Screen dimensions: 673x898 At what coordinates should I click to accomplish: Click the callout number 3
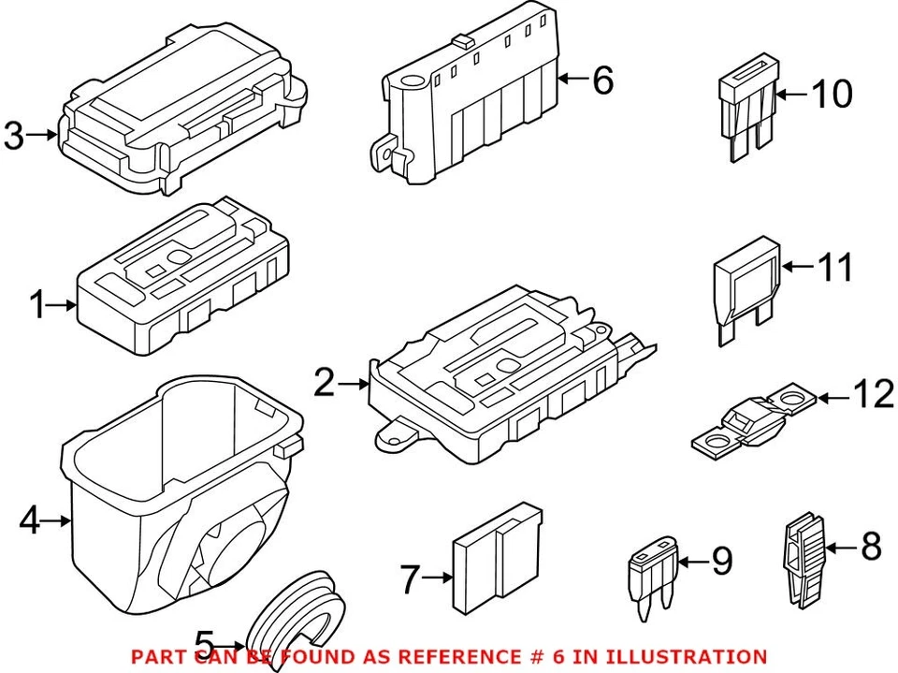pyautogui.click(x=13, y=136)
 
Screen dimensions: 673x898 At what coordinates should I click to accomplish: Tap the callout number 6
pyautogui.click(x=603, y=80)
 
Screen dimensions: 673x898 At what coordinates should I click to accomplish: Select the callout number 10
pyautogui.click(x=832, y=94)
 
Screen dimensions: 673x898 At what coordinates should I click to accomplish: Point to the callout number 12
pyautogui.click(x=874, y=397)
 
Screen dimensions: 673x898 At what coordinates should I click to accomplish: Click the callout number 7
pyautogui.click(x=409, y=579)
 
